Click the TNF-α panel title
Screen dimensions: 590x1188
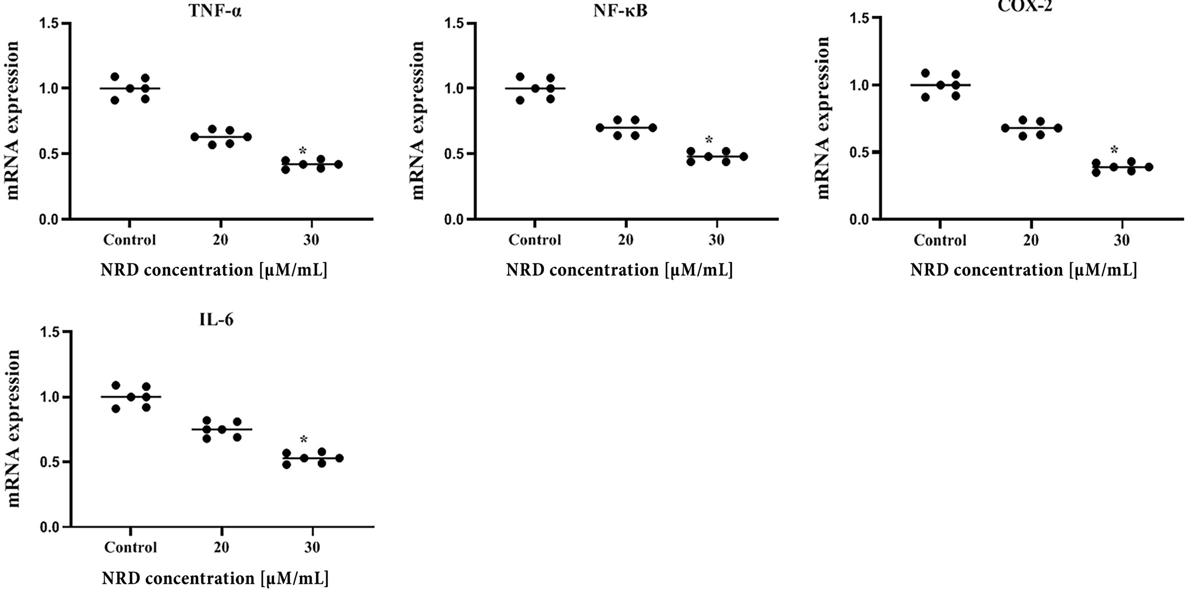point(215,11)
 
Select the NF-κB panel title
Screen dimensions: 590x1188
point(620,11)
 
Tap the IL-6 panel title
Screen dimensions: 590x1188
point(217,320)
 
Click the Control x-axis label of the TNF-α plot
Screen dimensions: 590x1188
point(129,240)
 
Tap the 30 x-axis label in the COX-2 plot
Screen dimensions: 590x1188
point(1121,240)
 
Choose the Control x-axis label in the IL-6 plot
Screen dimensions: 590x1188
point(130,547)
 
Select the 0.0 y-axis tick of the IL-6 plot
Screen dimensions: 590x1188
point(50,527)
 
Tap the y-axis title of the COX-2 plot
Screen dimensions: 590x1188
point(823,117)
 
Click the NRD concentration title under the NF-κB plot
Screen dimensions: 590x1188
point(619,270)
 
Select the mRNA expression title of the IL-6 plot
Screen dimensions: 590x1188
point(14,429)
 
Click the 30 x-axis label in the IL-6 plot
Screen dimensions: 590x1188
point(312,547)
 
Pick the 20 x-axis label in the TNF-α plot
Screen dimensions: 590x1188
point(221,240)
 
